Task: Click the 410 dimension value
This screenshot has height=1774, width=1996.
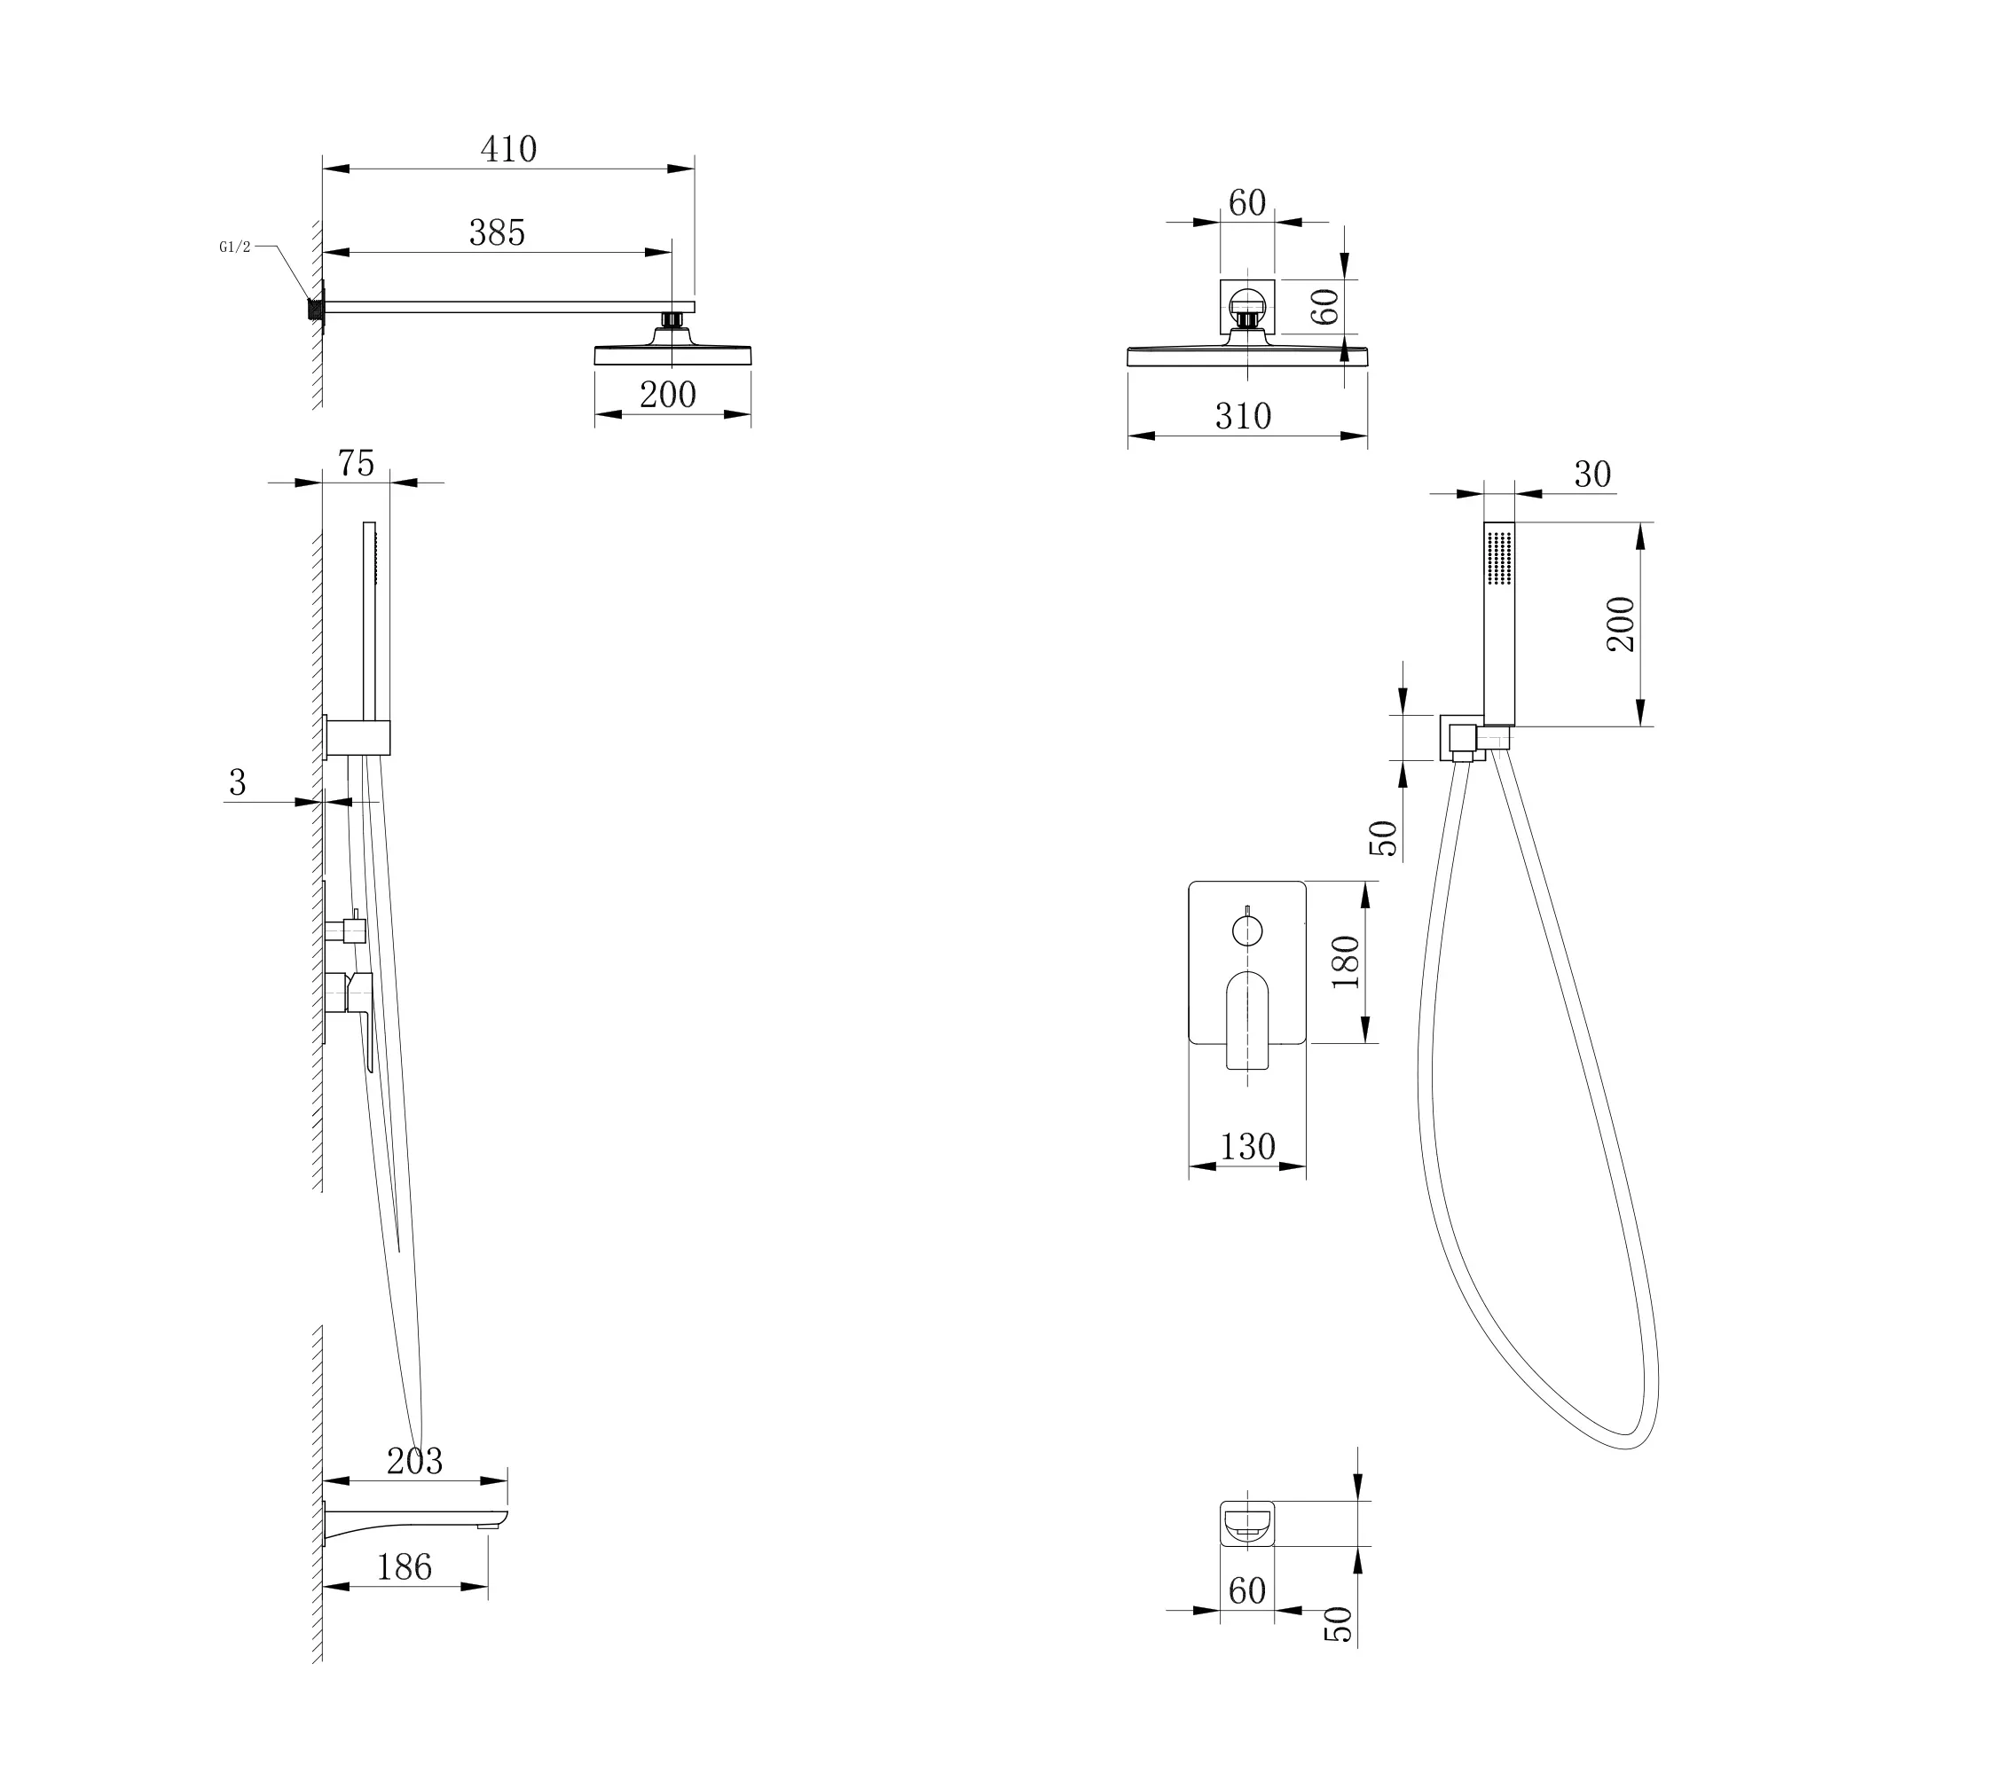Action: pyautogui.click(x=509, y=149)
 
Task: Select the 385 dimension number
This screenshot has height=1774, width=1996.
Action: pyautogui.click(x=497, y=233)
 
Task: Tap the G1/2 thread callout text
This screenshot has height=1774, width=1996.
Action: pyautogui.click(x=234, y=247)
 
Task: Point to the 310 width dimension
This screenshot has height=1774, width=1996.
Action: pyautogui.click(x=1243, y=417)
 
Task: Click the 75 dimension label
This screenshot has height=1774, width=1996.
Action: pyautogui.click(x=357, y=464)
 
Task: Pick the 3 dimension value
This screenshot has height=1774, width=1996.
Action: pyautogui.click(x=237, y=783)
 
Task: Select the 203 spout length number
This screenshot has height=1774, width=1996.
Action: pyautogui.click(x=415, y=1462)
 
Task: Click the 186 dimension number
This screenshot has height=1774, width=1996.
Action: pyautogui.click(x=405, y=1568)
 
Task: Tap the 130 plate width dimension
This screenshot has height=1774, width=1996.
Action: pyautogui.click(x=1248, y=1147)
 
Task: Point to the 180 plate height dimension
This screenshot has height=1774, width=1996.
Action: pyautogui.click(x=1347, y=962)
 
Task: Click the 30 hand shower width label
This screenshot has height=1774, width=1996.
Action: pyautogui.click(x=1592, y=475)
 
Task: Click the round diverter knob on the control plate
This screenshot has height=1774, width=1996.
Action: pyautogui.click(x=1247, y=931)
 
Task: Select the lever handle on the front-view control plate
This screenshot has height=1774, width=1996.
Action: pyautogui.click(x=1247, y=1019)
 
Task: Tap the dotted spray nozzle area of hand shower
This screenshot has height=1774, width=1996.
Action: pyautogui.click(x=1499, y=559)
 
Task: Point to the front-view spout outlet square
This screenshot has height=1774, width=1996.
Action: pyautogui.click(x=1247, y=1523)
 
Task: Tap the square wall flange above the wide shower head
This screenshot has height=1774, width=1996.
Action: pyautogui.click(x=1247, y=307)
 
